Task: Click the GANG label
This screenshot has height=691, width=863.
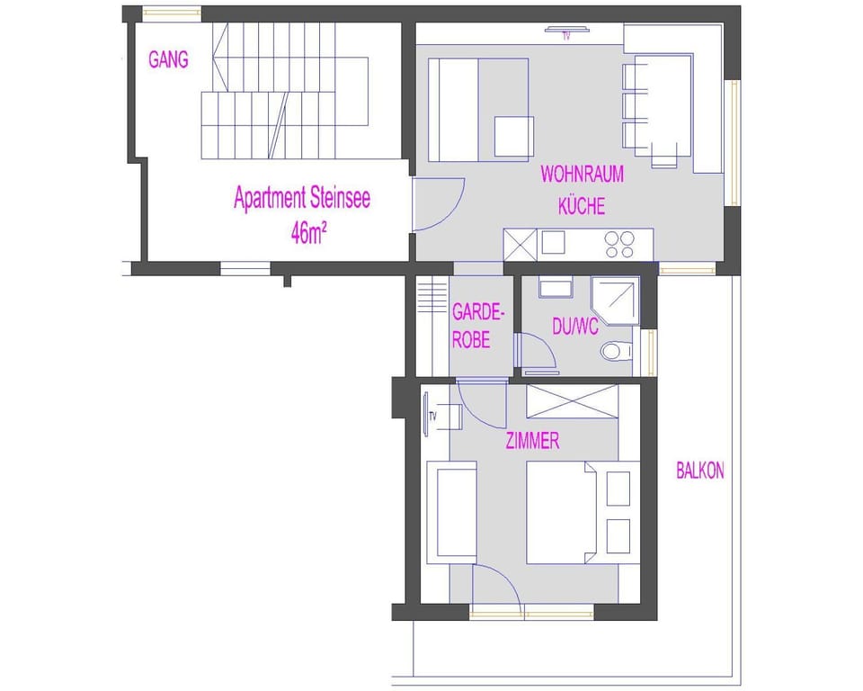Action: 168,59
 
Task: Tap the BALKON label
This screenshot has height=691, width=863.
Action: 700,471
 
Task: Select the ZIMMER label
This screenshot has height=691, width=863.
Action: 532,441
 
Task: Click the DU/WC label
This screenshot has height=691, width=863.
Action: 575,328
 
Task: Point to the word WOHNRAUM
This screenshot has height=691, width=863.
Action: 583,175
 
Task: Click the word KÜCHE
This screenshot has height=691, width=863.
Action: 582,206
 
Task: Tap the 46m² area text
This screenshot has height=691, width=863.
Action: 308,234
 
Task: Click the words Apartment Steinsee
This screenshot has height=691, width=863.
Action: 302,198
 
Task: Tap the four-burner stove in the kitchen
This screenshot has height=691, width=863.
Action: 619,245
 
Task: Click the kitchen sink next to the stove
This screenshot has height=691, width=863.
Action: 553,242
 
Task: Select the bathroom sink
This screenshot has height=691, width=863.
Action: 555,288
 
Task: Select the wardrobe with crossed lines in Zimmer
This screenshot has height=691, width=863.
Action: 573,401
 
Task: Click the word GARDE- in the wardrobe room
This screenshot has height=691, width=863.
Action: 478,312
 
